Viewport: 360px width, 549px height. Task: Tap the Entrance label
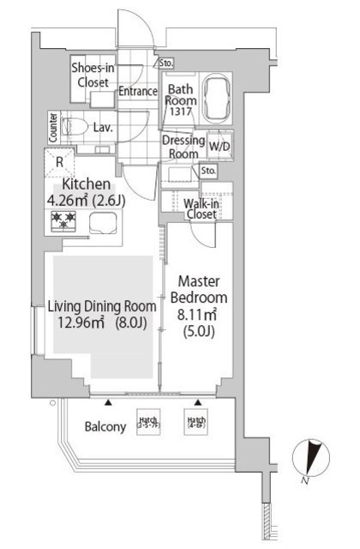137,92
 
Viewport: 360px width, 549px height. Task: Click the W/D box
219,147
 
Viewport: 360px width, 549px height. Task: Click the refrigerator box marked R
59,161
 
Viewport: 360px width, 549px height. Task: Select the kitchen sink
103,226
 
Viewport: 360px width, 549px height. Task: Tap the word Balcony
106,426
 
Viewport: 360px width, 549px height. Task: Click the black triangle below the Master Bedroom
198,401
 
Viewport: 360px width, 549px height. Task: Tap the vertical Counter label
53,127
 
